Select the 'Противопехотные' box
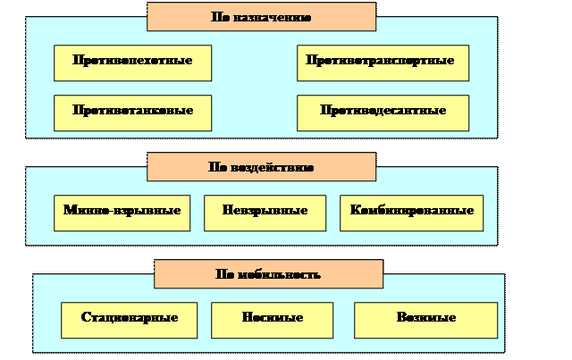pos(132,63)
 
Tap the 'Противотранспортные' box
pos(383,63)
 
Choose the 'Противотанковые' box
pos(132,113)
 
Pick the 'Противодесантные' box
pos(383,113)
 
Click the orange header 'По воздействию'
pos(261,167)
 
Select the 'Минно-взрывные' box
pos(122,213)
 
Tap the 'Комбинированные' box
pos(411,213)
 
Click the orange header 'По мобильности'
pos(268,274)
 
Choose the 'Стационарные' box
pos(129,320)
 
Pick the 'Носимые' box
pos(272,320)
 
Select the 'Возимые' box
pos(425,320)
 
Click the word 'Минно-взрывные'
pos(122,212)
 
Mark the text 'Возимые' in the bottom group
pos(425,319)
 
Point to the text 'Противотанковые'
pos(132,112)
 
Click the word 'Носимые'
pos(272,319)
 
